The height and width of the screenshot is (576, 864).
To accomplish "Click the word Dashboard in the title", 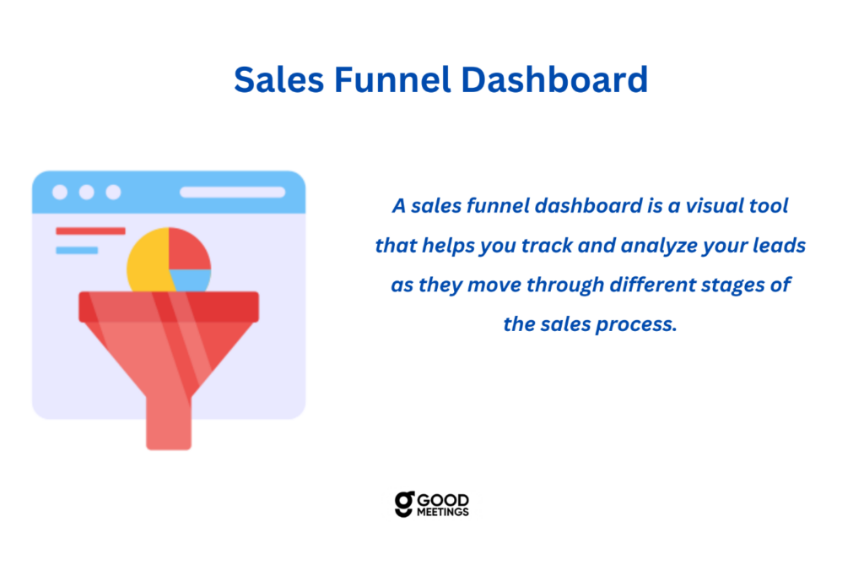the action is click(553, 79).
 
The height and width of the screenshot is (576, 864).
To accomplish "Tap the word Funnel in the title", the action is click(392, 79).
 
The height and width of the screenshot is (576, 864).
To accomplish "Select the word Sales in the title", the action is click(278, 79).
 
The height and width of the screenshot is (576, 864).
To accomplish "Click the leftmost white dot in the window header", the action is click(60, 192).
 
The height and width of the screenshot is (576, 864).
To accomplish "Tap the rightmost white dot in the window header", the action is click(114, 192).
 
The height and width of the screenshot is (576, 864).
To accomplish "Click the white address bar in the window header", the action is click(233, 192).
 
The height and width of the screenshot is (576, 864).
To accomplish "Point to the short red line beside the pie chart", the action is click(90, 231).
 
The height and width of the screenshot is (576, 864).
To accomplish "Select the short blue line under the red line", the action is click(77, 251).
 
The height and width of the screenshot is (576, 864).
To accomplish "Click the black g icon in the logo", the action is click(404, 504).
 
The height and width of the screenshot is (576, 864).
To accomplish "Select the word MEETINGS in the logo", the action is click(443, 512).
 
